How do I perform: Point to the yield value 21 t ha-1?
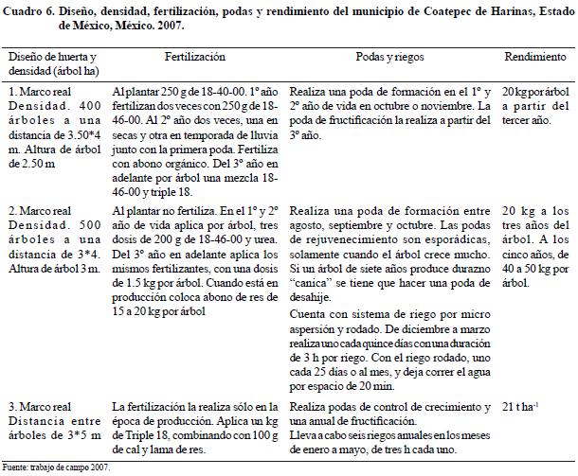(x=521, y=406)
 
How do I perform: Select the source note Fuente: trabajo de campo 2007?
(x=57, y=467)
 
